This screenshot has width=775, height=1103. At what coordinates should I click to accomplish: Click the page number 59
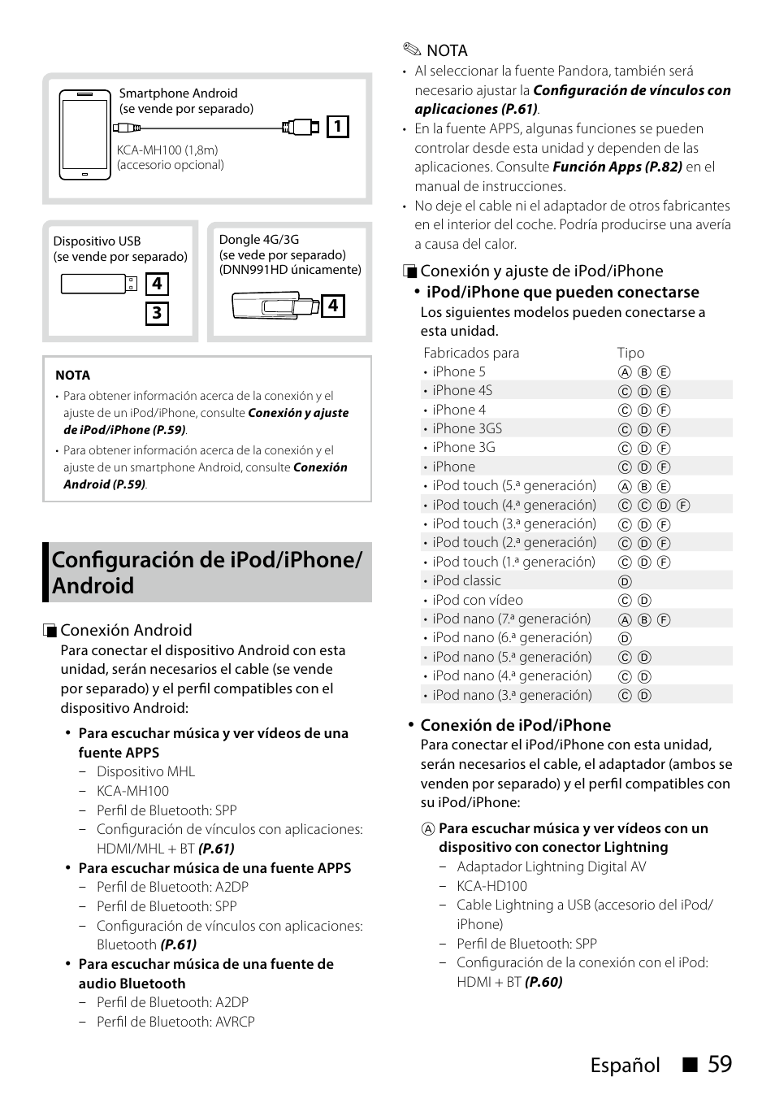[719, 1064]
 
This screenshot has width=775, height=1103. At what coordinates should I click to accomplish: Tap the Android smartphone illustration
[84, 134]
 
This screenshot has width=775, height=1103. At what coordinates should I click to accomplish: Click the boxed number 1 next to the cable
[338, 126]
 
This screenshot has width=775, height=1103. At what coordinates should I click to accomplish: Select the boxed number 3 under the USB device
[157, 314]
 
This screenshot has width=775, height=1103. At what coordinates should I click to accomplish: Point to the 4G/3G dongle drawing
[275, 306]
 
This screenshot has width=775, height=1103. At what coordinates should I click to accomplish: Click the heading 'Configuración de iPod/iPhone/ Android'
[207, 572]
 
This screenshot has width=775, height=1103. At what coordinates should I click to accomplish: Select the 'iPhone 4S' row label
[462, 390]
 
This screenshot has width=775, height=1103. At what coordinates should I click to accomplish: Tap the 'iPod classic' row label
[466, 580]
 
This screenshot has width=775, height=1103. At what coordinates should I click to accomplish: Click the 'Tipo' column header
[630, 353]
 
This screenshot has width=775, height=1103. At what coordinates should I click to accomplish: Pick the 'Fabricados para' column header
[471, 353]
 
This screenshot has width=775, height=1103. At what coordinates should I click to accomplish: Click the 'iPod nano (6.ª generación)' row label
[512, 637]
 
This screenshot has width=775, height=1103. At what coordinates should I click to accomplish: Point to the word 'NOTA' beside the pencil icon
[447, 50]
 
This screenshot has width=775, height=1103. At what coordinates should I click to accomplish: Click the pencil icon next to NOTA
[411, 50]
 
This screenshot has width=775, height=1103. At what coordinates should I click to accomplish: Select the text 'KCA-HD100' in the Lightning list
[491, 886]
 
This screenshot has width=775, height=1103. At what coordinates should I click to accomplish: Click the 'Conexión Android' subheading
[126, 630]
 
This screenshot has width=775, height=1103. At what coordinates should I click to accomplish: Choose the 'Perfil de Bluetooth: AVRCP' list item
[175, 1022]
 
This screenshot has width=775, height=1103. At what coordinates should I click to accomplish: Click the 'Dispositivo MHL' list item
[145, 771]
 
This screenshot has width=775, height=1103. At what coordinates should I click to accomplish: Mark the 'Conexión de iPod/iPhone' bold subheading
[515, 725]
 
